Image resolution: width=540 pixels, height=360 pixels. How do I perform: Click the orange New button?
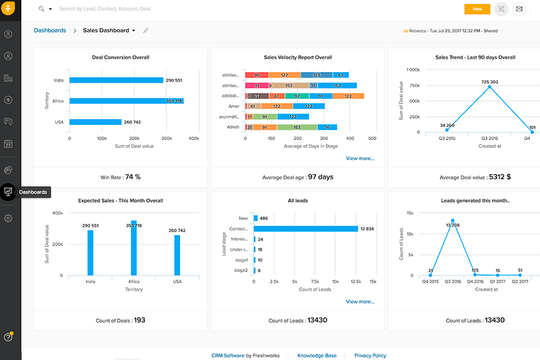(x=477, y=9)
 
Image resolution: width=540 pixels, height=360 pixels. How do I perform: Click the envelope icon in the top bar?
(x=519, y=9)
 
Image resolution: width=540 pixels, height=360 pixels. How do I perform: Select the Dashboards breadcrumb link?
(x=49, y=30)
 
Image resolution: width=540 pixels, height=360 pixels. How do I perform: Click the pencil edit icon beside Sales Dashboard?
(x=146, y=30)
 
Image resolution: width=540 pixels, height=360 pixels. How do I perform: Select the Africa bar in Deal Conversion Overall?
(x=127, y=101)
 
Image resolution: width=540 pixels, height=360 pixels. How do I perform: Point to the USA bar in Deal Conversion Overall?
(x=95, y=122)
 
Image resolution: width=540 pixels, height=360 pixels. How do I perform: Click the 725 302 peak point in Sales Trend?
(x=489, y=87)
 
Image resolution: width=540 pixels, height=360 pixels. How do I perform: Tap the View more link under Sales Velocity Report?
(x=360, y=159)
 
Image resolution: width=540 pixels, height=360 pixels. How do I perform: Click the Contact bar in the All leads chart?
(x=305, y=229)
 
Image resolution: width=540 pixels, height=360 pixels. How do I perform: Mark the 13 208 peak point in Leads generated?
(x=452, y=220)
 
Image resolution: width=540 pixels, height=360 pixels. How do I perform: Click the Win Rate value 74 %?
(x=133, y=177)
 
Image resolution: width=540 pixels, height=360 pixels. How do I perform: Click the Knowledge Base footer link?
(x=317, y=355)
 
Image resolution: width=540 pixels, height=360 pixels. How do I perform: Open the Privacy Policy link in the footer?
(x=370, y=355)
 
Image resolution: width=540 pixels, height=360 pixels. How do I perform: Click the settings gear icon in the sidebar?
(x=8, y=218)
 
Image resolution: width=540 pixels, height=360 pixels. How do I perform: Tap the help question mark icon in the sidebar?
(x=8, y=337)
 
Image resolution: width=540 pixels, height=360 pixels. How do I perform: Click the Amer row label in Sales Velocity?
(x=234, y=106)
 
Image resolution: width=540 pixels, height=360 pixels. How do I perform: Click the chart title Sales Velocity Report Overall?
(x=298, y=57)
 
